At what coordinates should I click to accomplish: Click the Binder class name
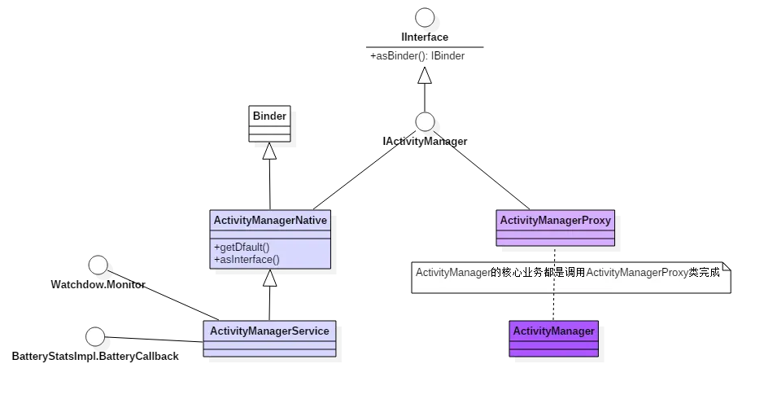pos(268,116)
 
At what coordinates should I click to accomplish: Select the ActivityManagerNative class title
pos(269,220)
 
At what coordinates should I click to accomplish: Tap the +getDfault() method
pos(242,247)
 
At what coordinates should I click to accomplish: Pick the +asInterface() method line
pos(247,259)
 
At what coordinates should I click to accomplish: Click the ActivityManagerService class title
pos(269,331)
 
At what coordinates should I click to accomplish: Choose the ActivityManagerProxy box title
pos(555,220)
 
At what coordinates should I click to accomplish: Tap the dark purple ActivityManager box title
pos(553,331)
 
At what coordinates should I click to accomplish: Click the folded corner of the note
pos(727,266)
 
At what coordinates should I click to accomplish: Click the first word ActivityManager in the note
pos(452,272)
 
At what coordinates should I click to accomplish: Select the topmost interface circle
pos(424,17)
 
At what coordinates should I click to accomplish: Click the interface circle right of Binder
pos(425,122)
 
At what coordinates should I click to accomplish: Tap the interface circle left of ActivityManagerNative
pos(98,265)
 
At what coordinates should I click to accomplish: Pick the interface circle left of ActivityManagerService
pos(94,335)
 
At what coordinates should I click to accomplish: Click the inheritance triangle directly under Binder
pos(269,151)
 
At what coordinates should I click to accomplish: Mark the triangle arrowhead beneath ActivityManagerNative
pos(269,278)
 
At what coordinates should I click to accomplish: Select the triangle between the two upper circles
pos(424,76)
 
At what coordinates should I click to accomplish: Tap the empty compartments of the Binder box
pos(268,133)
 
